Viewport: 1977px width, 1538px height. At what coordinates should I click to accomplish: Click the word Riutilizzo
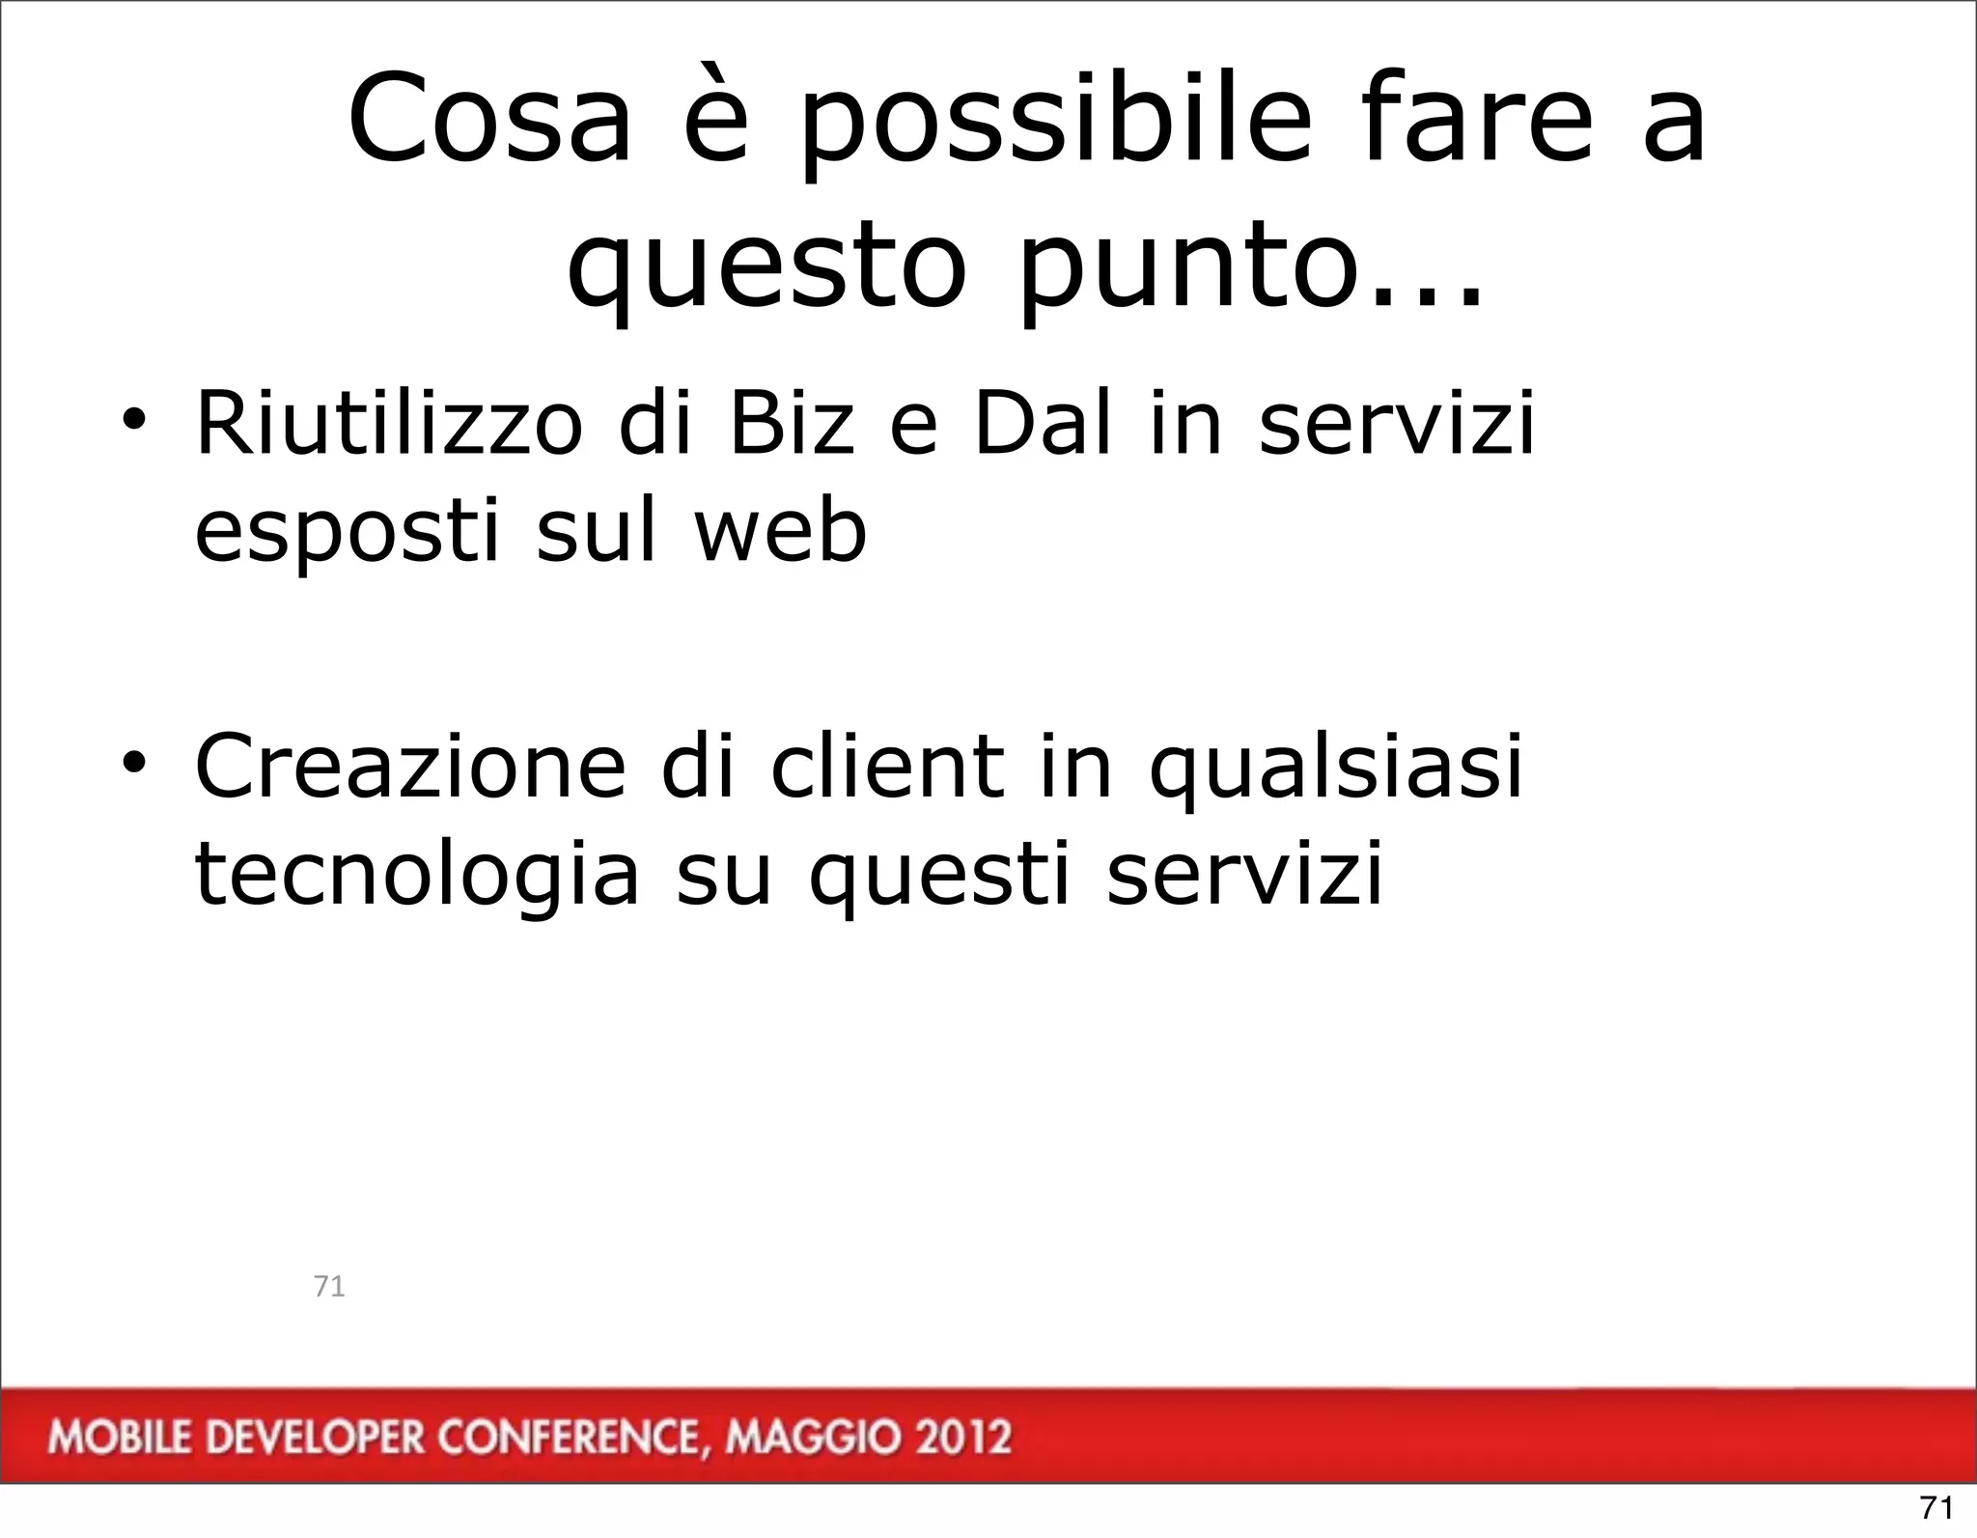click(389, 424)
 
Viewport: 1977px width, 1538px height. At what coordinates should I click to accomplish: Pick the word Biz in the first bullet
click(792, 424)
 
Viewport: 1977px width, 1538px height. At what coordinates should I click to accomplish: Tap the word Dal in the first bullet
click(1043, 424)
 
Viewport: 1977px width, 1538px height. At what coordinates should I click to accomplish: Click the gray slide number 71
click(329, 1286)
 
